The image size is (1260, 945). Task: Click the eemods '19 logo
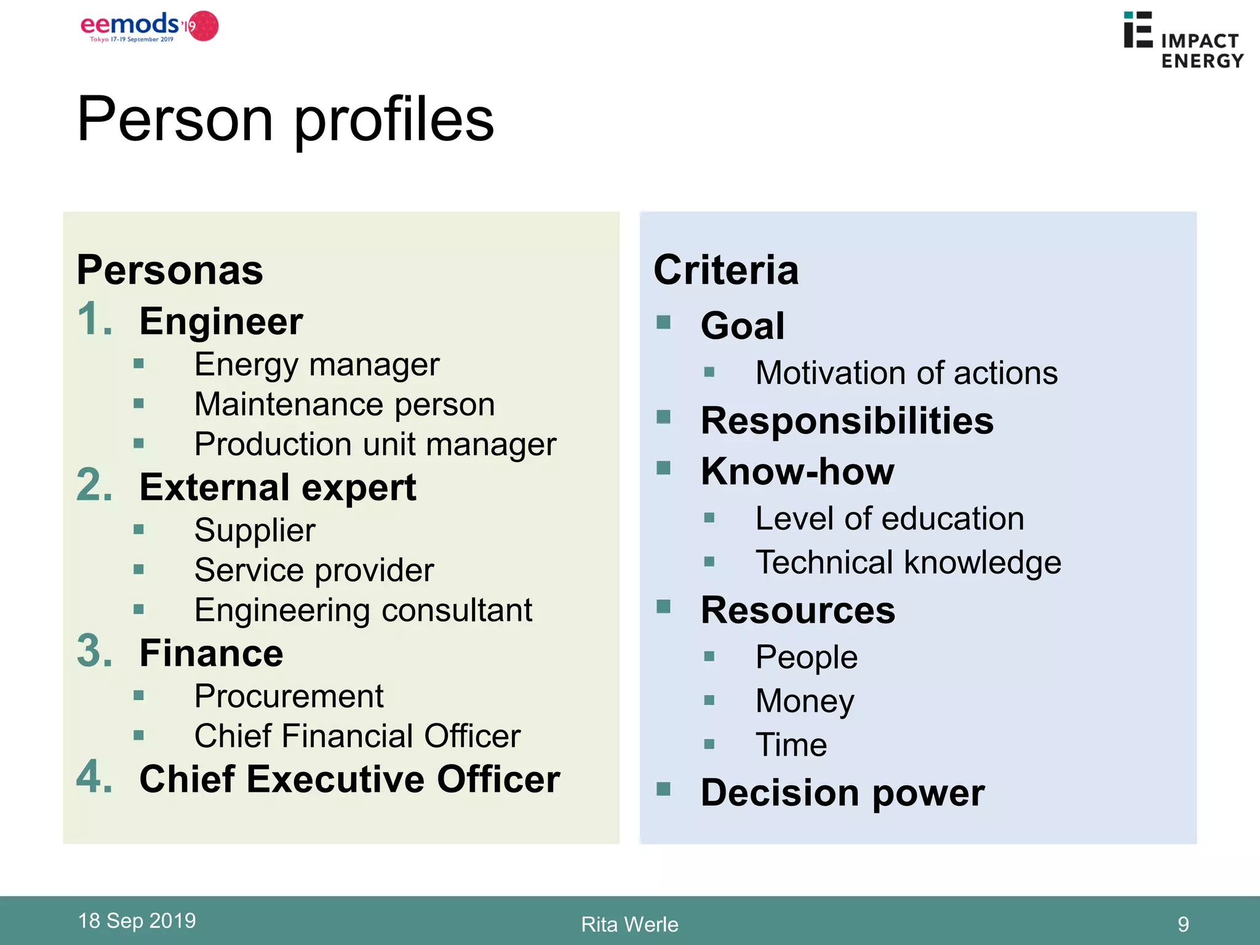click(x=149, y=26)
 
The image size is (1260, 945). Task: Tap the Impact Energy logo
click(x=1182, y=41)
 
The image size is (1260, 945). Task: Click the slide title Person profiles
click(x=285, y=119)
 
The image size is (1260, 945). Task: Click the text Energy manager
click(x=317, y=364)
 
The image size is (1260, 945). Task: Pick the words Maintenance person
click(x=345, y=404)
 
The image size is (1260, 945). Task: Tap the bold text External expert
click(x=277, y=487)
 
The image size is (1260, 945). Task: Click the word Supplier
click(x=255, y=530)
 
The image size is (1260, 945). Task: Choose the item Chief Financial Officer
click(x=357, y=736)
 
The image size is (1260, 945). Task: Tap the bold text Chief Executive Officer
click(x=349, y=779)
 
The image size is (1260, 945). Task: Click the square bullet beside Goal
click(x=663, y=322)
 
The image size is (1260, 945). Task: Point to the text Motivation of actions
click(x=906, y=373)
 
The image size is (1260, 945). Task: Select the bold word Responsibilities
click(x=847, y=421)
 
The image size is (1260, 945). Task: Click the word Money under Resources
click(x=805, y=701)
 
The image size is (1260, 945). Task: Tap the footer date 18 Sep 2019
click(x=137, y=920)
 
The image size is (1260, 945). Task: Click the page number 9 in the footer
click(x=1182, y=924)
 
